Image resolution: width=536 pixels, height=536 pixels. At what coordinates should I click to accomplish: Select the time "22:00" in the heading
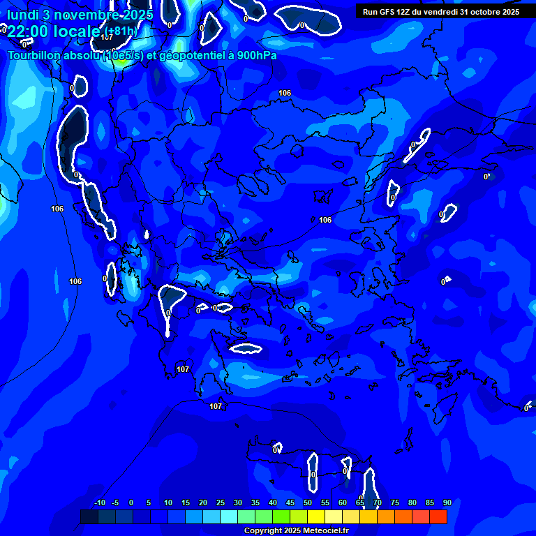(27, 31)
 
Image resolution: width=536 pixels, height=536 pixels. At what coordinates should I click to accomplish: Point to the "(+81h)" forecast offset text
(120, 31)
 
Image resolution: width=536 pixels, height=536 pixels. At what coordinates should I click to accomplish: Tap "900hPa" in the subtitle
(255, 55)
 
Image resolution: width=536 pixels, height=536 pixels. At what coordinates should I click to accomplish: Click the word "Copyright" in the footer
(262, 531)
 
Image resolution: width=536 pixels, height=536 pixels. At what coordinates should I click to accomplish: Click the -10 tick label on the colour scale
(99, 503)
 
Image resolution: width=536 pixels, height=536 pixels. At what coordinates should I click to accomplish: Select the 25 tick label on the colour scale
(221, 503)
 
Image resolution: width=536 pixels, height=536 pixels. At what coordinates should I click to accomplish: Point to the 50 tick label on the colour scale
(308, 503)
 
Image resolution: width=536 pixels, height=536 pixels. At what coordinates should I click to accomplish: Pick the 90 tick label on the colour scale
(447, 503)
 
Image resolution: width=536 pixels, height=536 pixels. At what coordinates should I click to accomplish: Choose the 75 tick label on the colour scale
(395, 503)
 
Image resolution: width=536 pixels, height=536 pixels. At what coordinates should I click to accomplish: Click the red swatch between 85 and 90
(438, 516)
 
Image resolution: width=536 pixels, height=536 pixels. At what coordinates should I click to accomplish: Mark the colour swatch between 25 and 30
(229, 516)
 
